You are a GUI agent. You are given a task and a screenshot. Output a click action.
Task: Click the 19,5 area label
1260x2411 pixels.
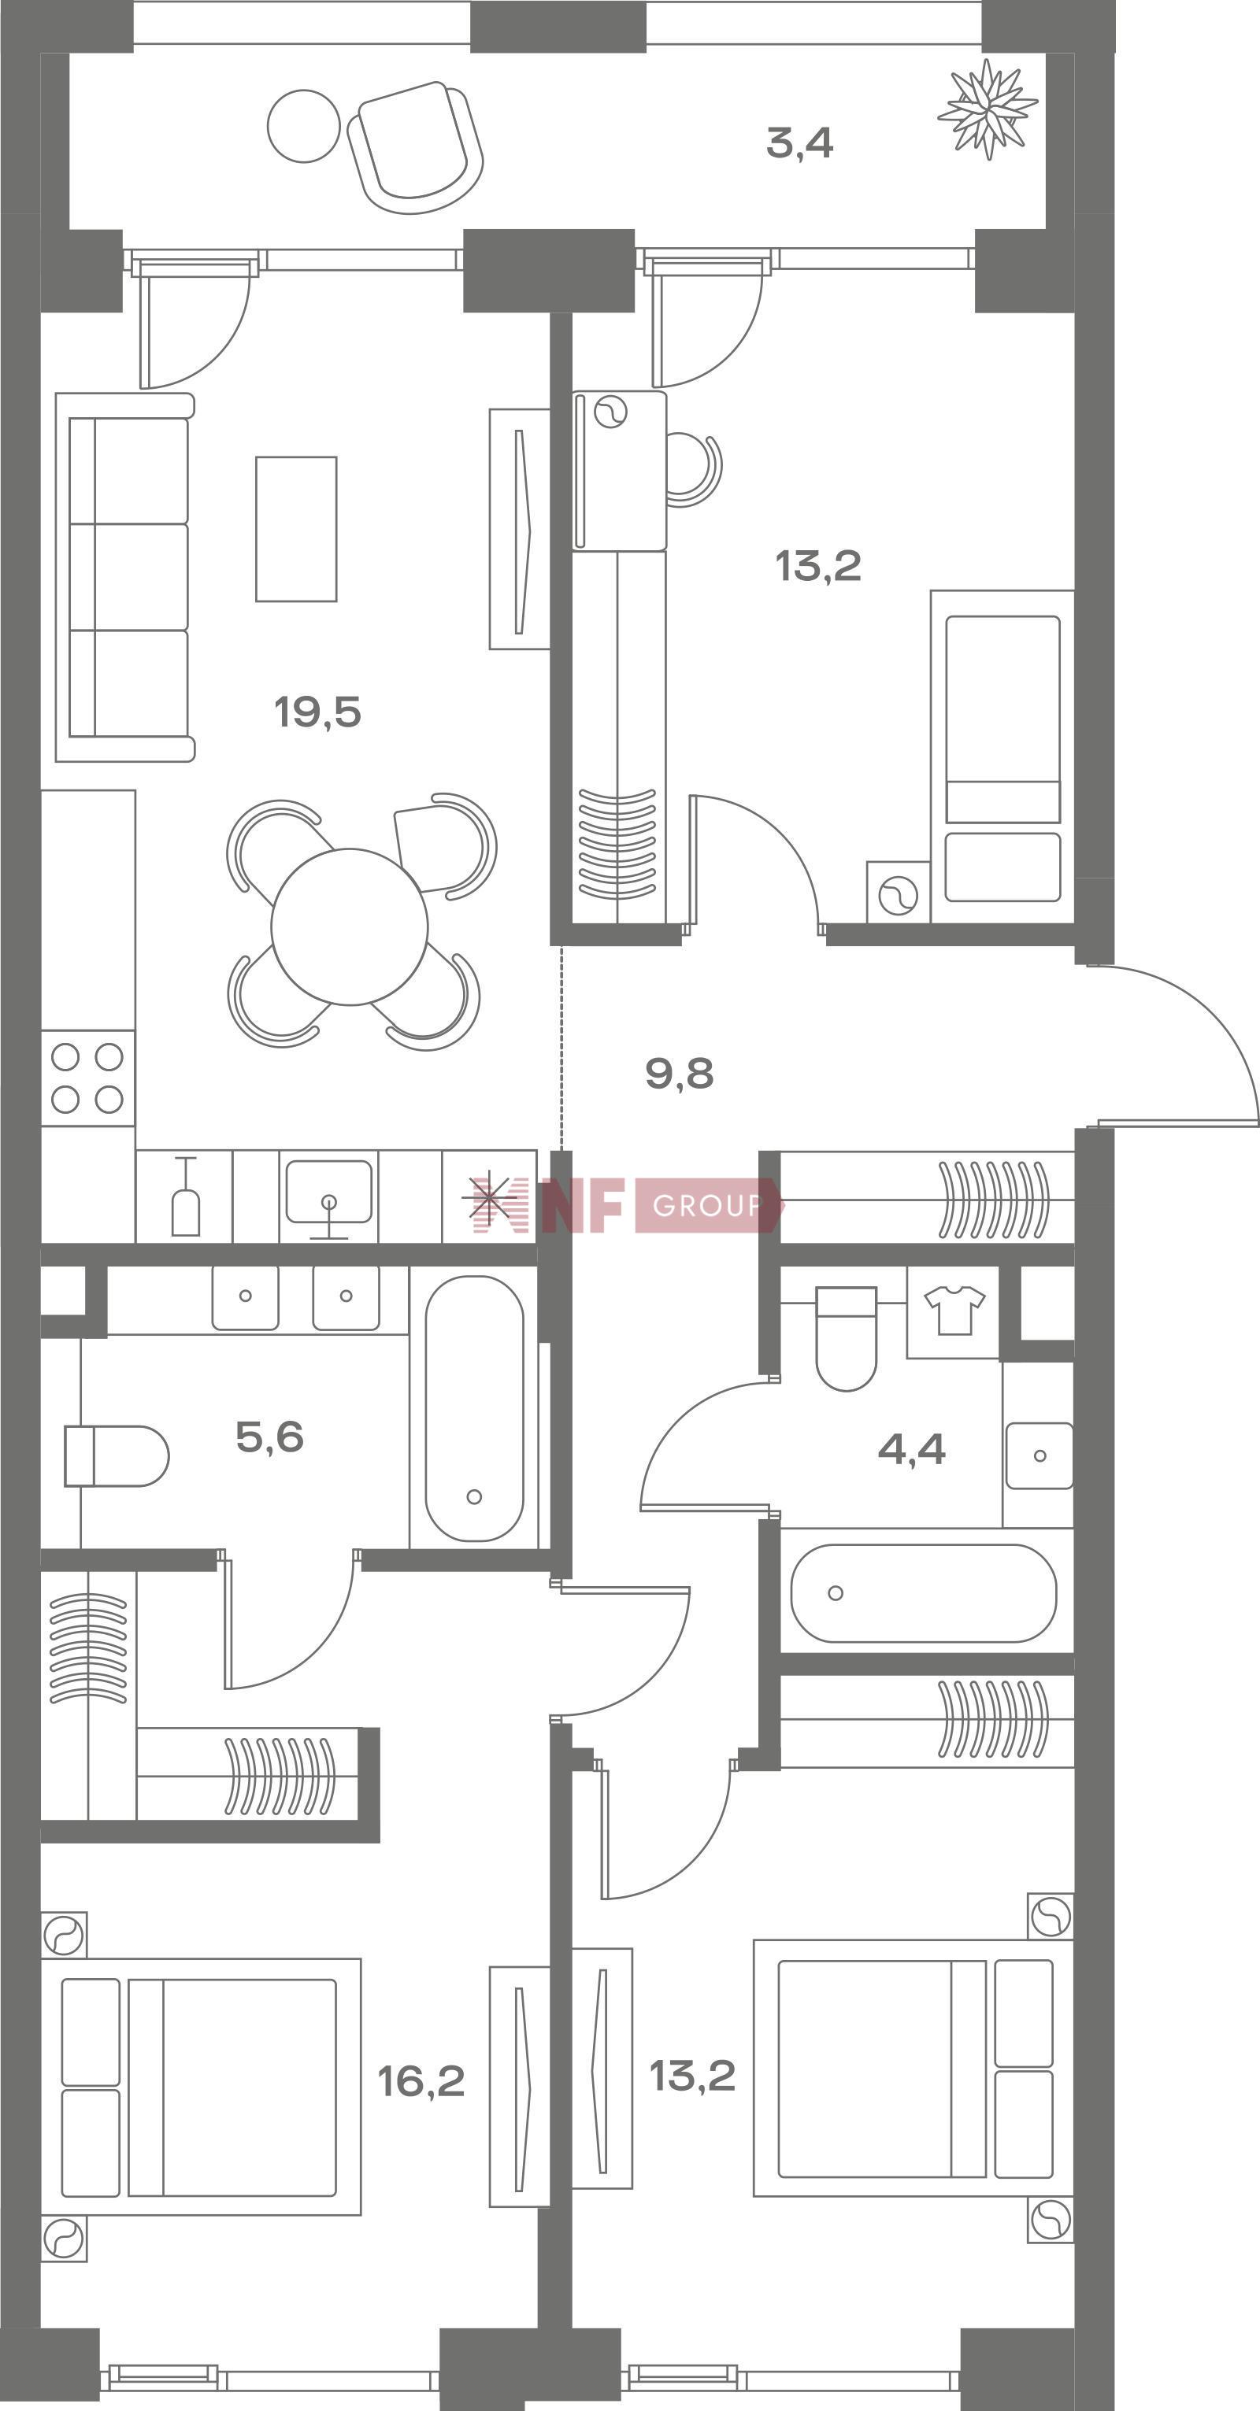click(317, 712)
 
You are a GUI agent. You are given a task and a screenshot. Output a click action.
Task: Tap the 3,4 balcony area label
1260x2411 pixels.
click(799, 143)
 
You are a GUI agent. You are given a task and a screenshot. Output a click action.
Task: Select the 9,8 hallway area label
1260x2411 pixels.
click(680, 1074)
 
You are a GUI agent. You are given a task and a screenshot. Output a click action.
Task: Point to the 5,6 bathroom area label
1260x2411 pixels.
click(269, 1437)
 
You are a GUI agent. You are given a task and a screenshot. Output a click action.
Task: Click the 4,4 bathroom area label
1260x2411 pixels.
click(912, 1450)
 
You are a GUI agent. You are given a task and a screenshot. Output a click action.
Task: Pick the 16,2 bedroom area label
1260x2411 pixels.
click(421, 2081)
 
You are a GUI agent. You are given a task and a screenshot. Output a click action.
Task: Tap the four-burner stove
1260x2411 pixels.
click(88, 1078)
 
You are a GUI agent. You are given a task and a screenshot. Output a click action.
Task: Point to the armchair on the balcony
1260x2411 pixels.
click(416, 147)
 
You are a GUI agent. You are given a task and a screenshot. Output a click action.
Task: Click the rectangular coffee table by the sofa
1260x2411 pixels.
click(297, 529)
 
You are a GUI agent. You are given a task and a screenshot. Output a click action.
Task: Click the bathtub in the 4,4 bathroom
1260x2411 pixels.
click(924, 1593)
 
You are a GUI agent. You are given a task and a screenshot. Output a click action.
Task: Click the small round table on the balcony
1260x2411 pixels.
click(303, 125)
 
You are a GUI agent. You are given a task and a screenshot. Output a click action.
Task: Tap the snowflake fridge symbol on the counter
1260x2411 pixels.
click(493, 1201)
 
